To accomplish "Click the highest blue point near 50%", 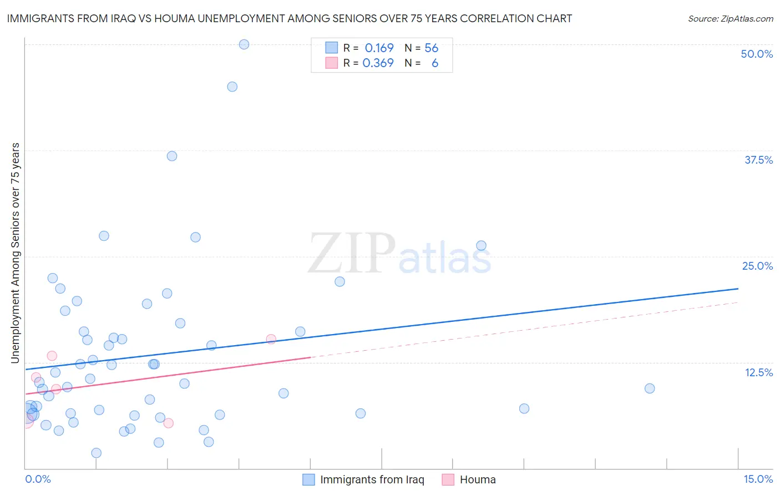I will [x=244, y=44].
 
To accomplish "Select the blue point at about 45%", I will [x=232, y=87].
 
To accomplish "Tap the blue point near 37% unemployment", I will [x=172, y=156].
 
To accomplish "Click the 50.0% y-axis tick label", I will [x=757, y=54].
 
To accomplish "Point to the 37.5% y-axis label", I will [x=758, y=160].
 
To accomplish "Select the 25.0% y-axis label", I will [x=757, y=266].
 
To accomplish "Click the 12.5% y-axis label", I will [x=758, y=372].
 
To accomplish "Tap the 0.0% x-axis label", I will [x=38, y=479].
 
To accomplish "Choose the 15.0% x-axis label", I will [x=758, y=479].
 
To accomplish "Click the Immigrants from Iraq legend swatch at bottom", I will [x=308, y=479].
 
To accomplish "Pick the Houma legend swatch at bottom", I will [x=448, y=479].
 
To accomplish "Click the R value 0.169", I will [x=379, y=48].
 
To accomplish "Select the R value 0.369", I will [x=378, y=63].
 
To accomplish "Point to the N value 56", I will [x=431, y=48].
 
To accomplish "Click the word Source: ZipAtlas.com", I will [x=730, y=19].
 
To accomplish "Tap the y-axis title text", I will [x=15, y=253].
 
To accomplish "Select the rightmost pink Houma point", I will [x=271, y=339].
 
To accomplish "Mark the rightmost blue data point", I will [x=650, y=388].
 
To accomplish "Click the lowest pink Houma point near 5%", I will [x=169, y=423].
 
